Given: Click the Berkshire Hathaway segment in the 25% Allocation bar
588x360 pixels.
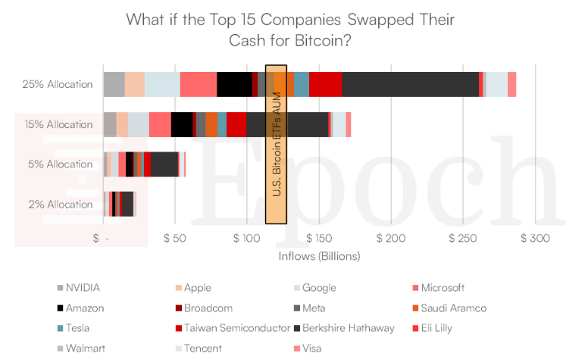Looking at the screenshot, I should [410, 84].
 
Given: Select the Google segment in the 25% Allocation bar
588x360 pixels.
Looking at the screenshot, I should [162, 84].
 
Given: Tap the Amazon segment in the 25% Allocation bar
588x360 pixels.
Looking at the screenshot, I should [234, 84].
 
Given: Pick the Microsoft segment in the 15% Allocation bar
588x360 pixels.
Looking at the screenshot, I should [160, 124].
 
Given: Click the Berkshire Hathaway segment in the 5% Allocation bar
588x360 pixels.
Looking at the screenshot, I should [164, 164].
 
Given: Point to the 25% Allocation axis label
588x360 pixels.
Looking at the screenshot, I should [58, 84].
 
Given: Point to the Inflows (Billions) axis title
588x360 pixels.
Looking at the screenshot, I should [318, 256].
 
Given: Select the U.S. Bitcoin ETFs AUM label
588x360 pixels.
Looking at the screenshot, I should [276, 144].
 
